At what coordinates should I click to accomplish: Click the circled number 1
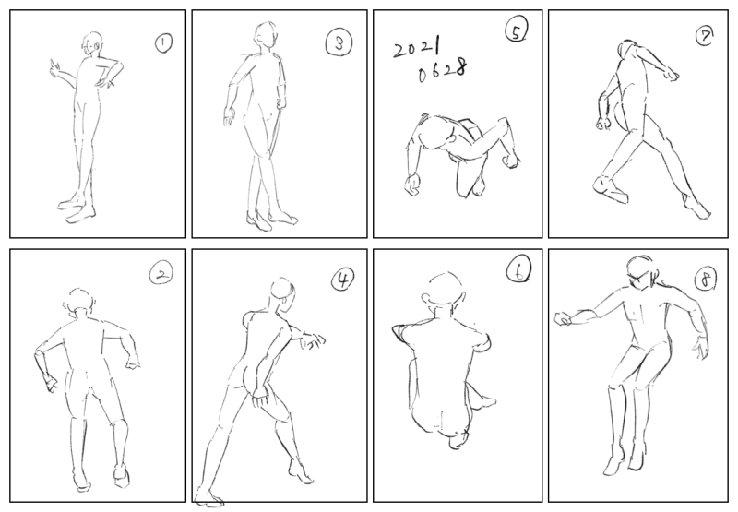[x=163, y=43]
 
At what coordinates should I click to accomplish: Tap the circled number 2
[x=161, y=274]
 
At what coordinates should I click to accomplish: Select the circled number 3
[x=339, y=43]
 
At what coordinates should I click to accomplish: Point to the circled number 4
[x=342, y=280]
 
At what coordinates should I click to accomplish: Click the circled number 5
[x=516, y=31]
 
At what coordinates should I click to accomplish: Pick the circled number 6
[x=518, y=271]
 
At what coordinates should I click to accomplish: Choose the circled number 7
[x=705, y=36]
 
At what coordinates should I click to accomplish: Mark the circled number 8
[x=706, y=279]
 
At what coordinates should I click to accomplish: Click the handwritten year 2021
[x=417, y=48]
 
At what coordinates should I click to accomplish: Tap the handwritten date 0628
[x=443, y=71]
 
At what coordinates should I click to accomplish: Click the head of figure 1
[x=92, y=44]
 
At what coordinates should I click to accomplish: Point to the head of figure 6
[x=444, y=290]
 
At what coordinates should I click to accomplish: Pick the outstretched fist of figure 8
[x=564, y=319]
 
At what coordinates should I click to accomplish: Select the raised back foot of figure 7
[x=610, y=189]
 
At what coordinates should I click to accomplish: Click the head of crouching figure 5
[x=436, y=133]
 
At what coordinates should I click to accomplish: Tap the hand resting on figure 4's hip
[x=260, y=397]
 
